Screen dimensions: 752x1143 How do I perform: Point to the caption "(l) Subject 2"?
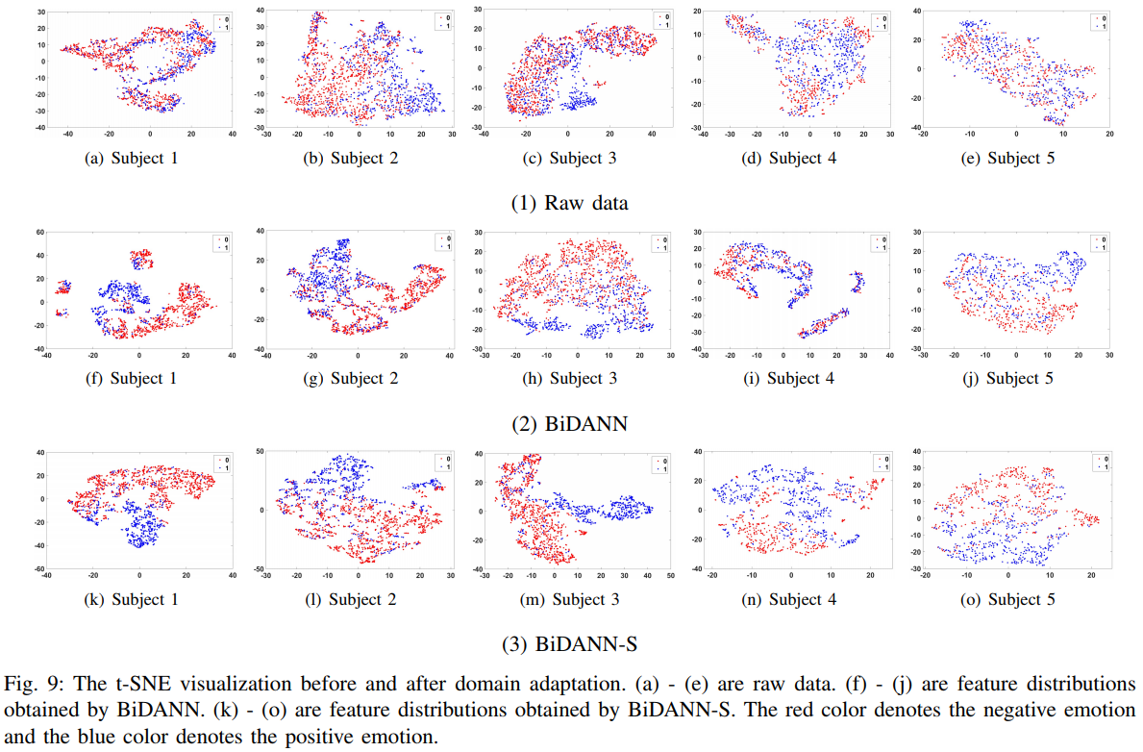pyautogui.click(x=352, y=599)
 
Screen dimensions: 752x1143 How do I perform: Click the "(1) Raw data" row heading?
pyautogui.click(x=571, y=202)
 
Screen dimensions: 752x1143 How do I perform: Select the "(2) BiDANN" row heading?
pyautogui.click(x=571, y=422)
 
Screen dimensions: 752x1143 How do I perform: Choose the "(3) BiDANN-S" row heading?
pyautogui.click(x=571, y=643)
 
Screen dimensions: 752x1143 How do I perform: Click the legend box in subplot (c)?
pyautogui.click(x=660, y=20)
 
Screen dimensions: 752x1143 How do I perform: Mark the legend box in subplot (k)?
pyautogui.click(x=220, y=464)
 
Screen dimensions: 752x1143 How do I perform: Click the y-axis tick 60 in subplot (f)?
pyautogui.click(x=39, y=233)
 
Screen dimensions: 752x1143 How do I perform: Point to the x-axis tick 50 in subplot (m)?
pyautogui.click(x=670, y=577)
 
